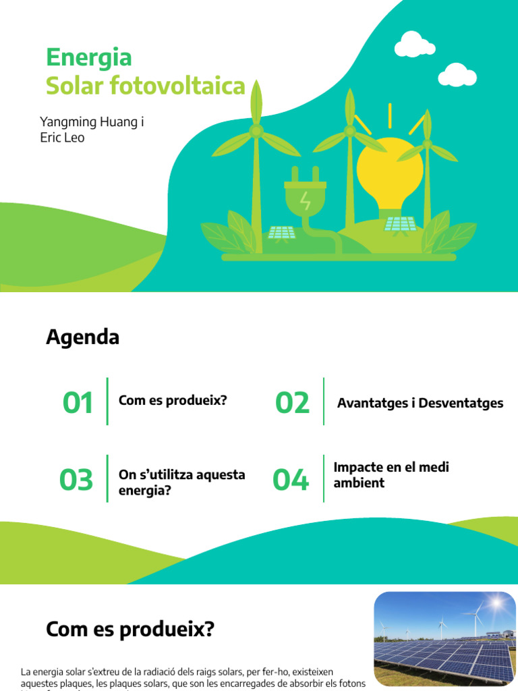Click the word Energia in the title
(88, 57)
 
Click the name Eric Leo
(62, 138)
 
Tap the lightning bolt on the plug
(306, 200)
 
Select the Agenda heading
(82, 337)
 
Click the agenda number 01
(78, 404)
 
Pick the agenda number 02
(292, 404)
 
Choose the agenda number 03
(76, 480)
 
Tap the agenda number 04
(290, 480)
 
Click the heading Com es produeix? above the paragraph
(129, 630)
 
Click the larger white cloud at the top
(414, 45)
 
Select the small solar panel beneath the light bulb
(400, 223)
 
